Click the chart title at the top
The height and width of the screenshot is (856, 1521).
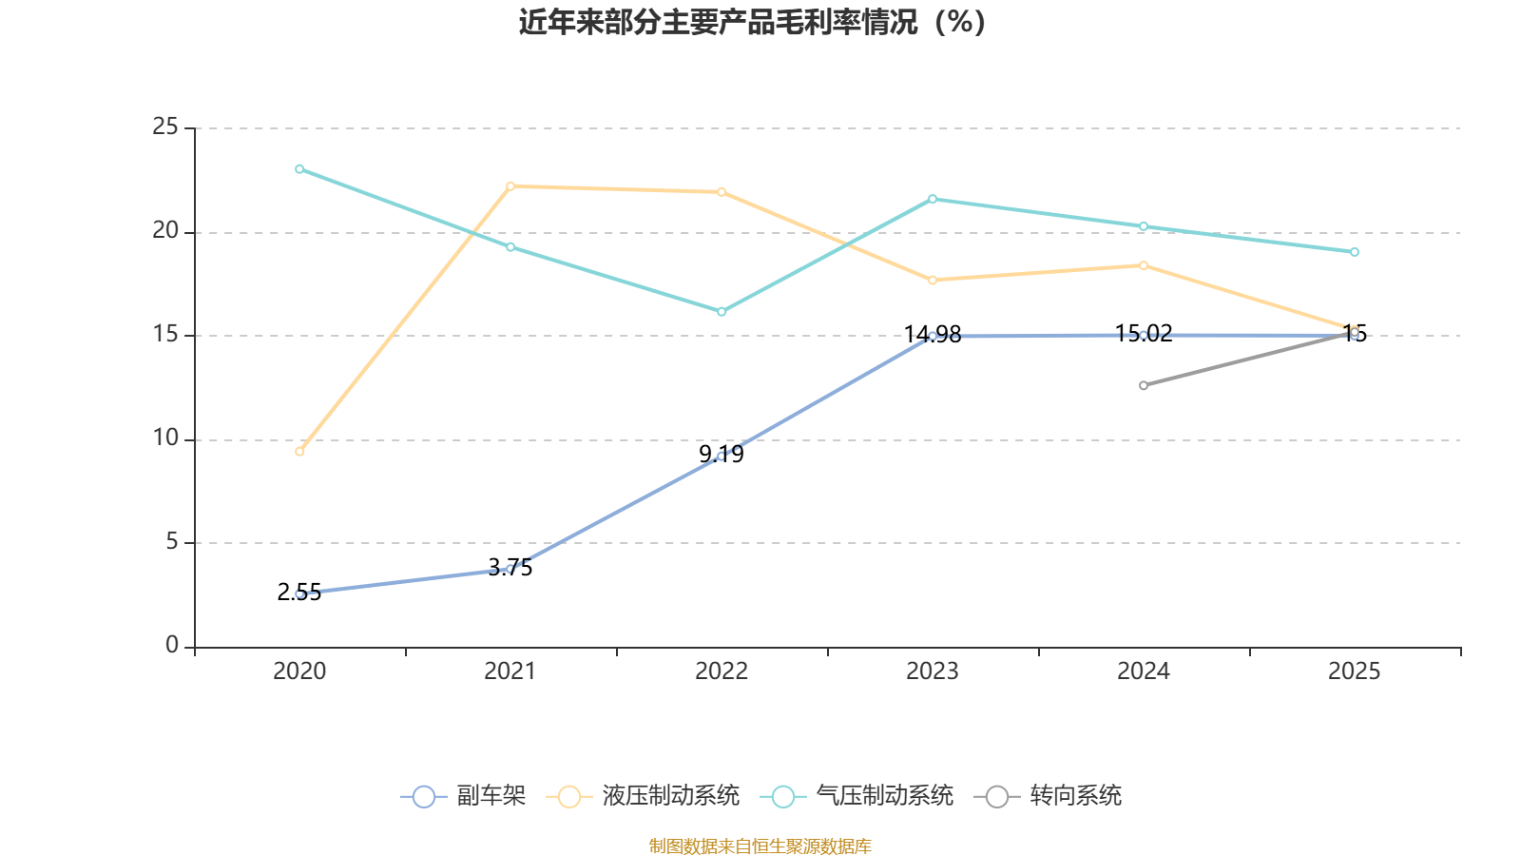[752, 22]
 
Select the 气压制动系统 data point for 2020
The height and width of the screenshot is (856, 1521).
[299, 169]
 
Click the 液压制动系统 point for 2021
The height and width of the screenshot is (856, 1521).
[510, 186]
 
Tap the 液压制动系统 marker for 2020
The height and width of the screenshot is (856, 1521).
[299, 451]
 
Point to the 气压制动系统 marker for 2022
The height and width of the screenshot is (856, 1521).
[722, 312]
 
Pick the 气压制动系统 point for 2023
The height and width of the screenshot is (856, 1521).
[933, 199]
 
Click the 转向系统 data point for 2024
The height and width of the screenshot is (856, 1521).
[1144, 385]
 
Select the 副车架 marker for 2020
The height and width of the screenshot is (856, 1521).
[299, 593]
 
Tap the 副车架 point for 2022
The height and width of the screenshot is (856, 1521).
[722, 457]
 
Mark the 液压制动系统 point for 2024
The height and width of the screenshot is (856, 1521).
[1144, 265]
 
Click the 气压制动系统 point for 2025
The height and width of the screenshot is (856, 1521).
[1355, 252]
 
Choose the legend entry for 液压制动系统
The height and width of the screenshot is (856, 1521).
[644, 796]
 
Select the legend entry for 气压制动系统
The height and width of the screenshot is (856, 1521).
[857, 796]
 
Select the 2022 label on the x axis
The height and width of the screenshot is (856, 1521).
[722, 671]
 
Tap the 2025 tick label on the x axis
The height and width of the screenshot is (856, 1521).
[1355, 671]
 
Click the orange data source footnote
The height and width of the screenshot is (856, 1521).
[760, 846]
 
